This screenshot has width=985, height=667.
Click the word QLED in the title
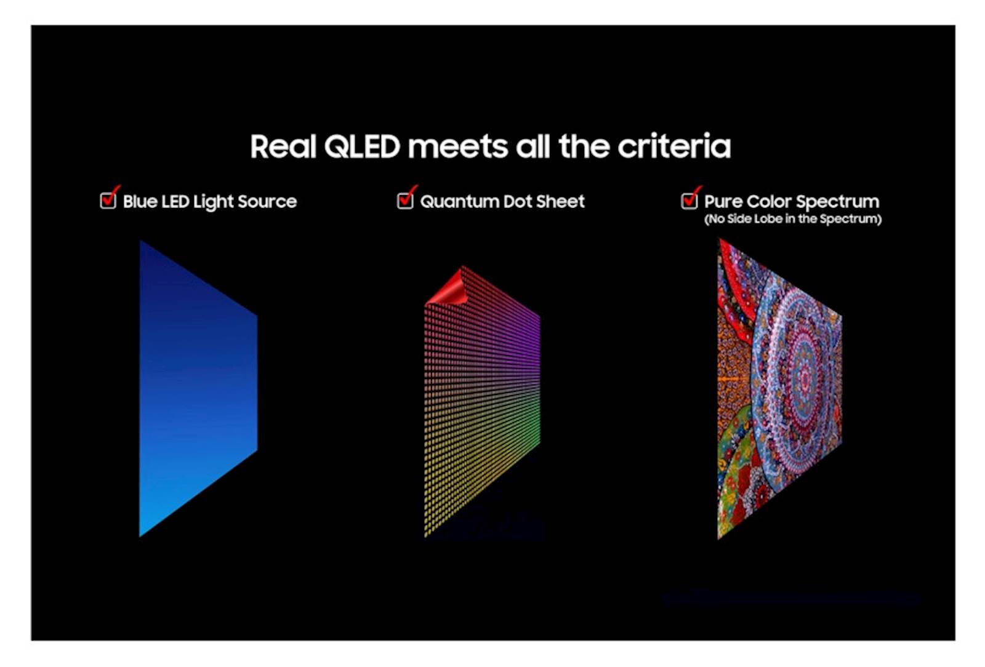click(x=363, y=147)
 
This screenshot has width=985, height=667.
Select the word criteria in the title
click(x=675, y=146)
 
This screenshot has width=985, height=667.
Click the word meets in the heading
click(x=458, y=147)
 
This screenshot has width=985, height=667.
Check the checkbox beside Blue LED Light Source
click(x=108, y=201)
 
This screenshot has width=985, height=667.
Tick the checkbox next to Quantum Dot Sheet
click(x=405, y=201)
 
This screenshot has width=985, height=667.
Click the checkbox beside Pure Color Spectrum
click(x=689, y=201)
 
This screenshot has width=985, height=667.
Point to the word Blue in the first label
click(x=140, y=201)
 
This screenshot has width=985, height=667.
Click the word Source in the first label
click(x=267, y=201)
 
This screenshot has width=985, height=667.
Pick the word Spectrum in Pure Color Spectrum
click(x=838, y=202)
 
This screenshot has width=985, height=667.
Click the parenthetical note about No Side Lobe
click(x=793, y=219)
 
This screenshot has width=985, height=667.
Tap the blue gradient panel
click(x=198, y=388)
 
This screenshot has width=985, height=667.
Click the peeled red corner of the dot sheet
click(x=447, y=288)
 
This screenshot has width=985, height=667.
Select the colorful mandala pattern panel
click(x=779, y=389)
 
